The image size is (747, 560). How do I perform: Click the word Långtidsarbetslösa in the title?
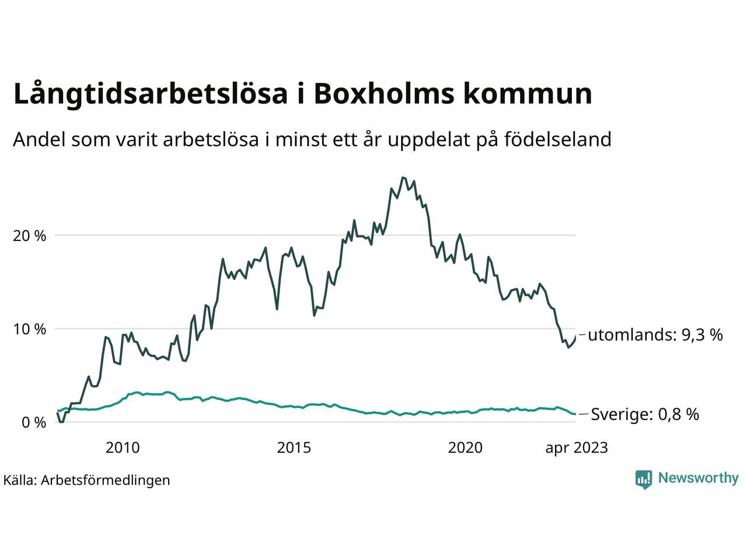(x=151, y=95)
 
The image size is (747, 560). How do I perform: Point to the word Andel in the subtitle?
(x=39, y=140)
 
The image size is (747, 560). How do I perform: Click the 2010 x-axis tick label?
(x=123, y=448)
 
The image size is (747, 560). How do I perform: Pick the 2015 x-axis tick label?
(x=294, y=448)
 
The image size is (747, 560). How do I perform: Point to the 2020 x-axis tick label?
(x=465, y=448)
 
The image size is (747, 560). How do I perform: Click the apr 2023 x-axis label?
(x=576, y=448)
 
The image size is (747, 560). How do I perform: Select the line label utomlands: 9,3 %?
(x=655, y=335)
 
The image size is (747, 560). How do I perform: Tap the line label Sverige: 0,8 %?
(x=645, y=415)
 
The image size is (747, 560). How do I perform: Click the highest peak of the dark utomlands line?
(x=403, y=177)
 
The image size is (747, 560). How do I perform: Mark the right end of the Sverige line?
(x=575, y=414)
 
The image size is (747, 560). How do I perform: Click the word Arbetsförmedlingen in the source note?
(x=106, y=480)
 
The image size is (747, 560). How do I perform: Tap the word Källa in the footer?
(x=20, y=480)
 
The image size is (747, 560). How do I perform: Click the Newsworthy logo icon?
(x=643, y=479)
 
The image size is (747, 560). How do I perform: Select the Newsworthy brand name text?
(x=698, y=478)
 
